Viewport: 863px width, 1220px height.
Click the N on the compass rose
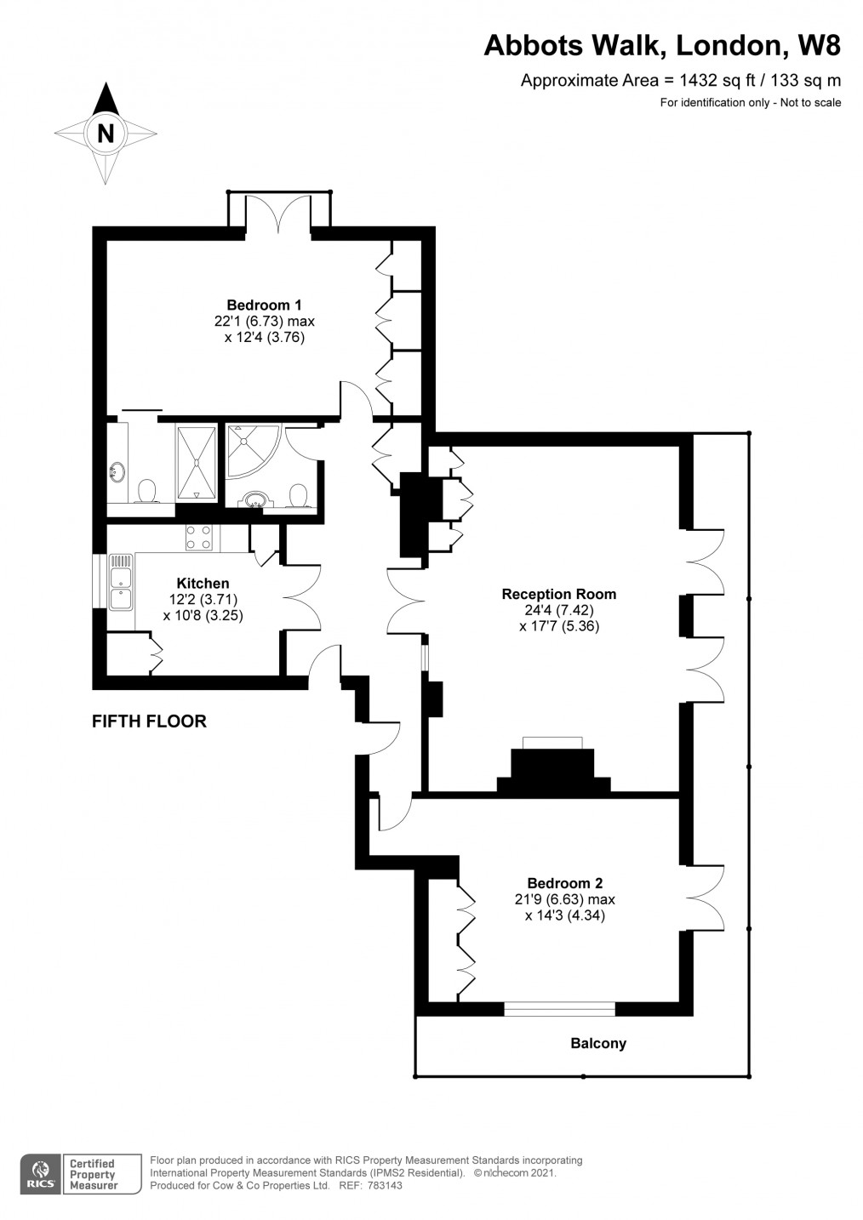tap(106, 133)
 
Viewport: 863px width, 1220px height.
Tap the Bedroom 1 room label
tap(264, 305)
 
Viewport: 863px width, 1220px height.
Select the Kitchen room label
tap(203, 584)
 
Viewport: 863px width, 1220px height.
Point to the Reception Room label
tap(559, 594)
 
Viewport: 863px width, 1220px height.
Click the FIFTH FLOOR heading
tap(149, 721)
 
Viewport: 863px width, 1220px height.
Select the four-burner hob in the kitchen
tap(198, 537)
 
